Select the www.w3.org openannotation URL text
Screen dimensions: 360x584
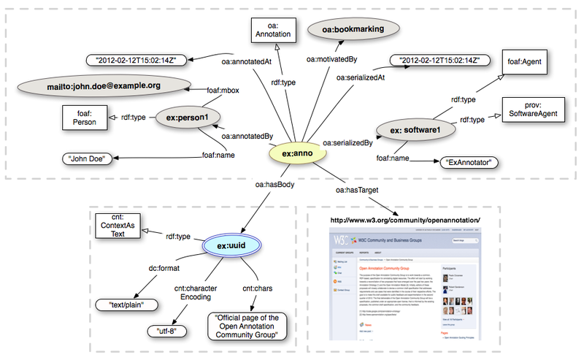[406, 220]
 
